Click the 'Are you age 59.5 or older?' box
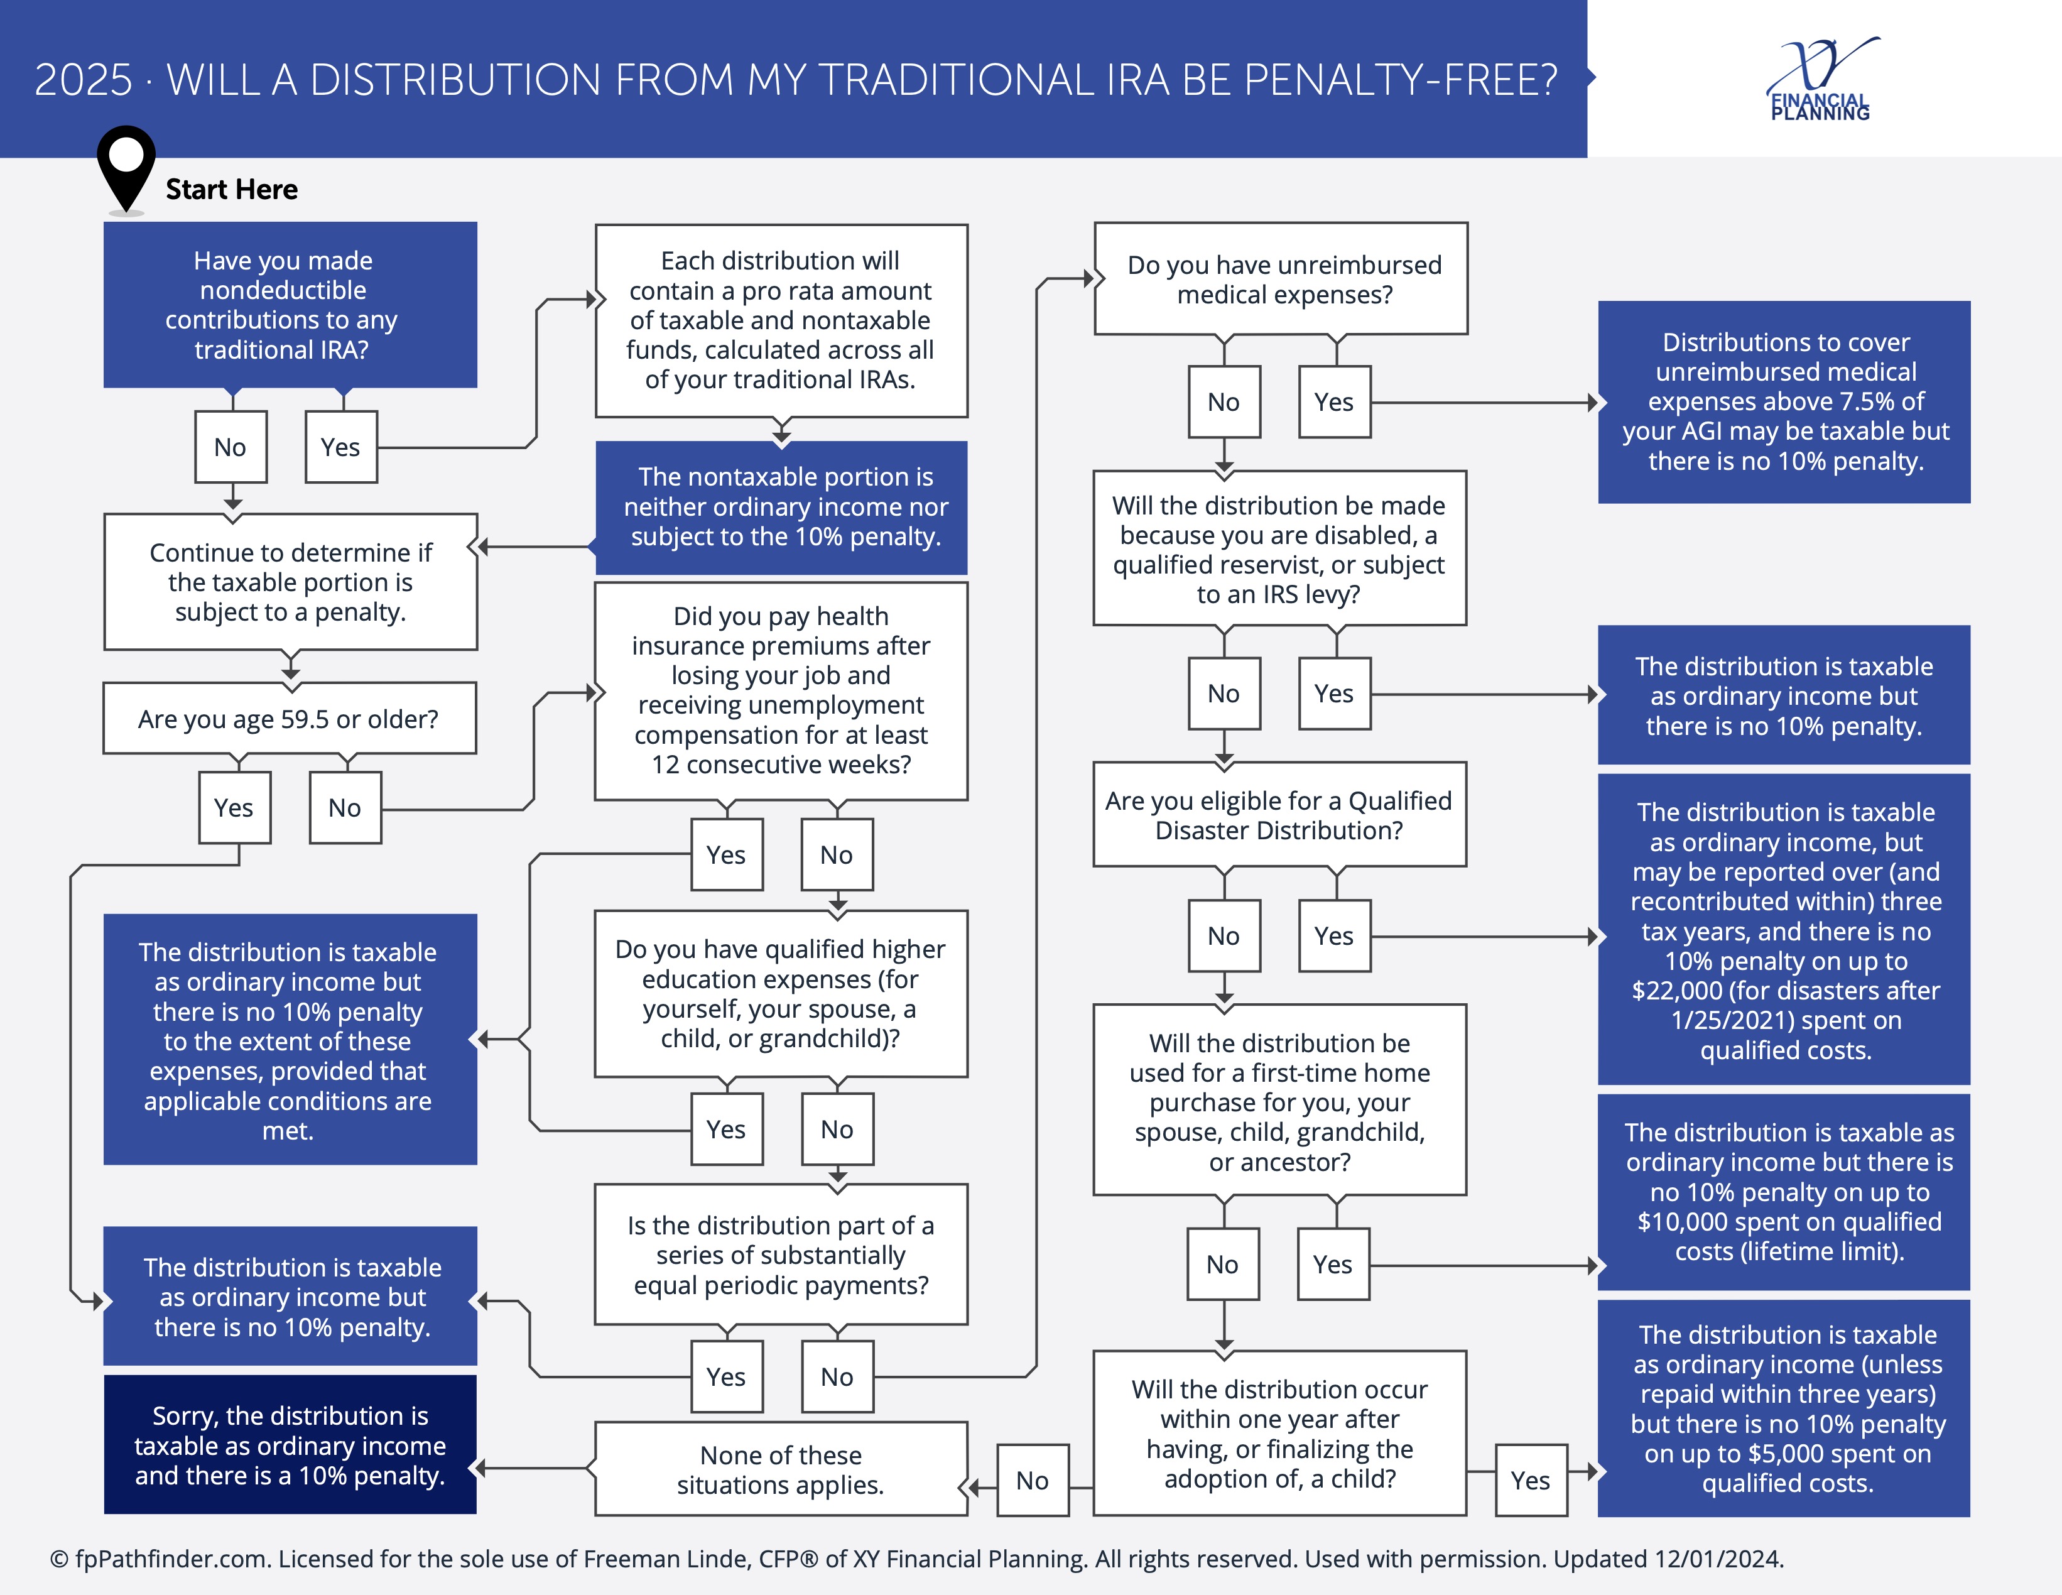point(289,719)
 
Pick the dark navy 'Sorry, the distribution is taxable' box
point(290,1445)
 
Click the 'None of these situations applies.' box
point(781,1469)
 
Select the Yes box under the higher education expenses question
point(726,1130)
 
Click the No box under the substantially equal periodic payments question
point(837,1377)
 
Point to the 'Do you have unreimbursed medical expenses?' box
point(1281,280)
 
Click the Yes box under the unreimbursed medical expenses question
point(1334,402)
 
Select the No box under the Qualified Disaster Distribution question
point(1224,936)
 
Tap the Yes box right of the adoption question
point(1531,1480)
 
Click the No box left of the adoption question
point(1033,1480)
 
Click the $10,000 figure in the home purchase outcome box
point(1681,1222)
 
